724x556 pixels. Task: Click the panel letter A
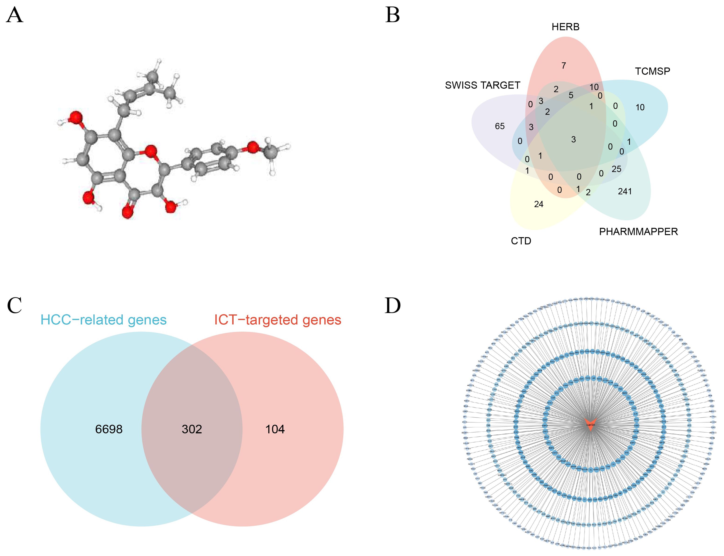(x=15, y=16)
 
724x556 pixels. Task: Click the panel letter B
(x=392, y=16)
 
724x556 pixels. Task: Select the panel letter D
(x=392, y=305)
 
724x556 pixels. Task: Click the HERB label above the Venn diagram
(x=565, y=27)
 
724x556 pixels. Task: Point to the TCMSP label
(x=652, y=71)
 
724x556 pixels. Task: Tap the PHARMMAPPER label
(x=638, y=232)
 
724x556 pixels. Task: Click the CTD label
(x=521, y=241)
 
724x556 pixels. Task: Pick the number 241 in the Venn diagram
(x=625, y=191)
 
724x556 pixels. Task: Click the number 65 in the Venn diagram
(x=499, y=126)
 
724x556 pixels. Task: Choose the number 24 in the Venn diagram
(x=539, y=204)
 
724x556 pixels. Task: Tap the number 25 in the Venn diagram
(x=616, y=169)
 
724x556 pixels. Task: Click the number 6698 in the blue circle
(x=109, y=429)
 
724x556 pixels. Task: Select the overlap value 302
(x=192, y=429)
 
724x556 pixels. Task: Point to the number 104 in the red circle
(x=275, y=429)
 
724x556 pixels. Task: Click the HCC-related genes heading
(x=103, y=320)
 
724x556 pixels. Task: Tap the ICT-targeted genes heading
(x=278, y=320)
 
